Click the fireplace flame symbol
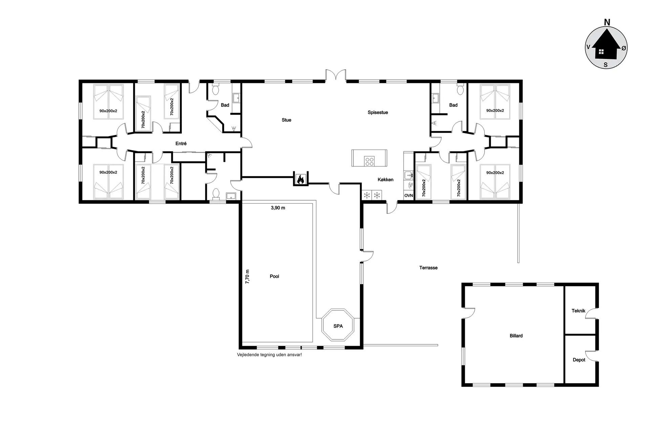coord(300,179)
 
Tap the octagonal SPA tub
coord(338,326)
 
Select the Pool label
coord(275,276)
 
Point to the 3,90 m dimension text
coord(278,208)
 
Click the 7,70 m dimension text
coord(247,276)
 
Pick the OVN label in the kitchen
coord(409,196)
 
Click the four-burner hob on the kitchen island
coord(369,161)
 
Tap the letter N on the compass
coord(607,22)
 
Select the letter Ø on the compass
coord(624,48)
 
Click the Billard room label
coord(516,336)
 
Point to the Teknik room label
coord(578,311)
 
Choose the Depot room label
coord(579,360)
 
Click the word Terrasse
coord(428,268)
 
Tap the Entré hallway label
coord(181,143)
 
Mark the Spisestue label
coord(378,112)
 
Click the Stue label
coord(286,120)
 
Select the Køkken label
coord(386,180)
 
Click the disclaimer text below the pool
coord(269,355)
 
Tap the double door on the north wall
coord(336,75)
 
